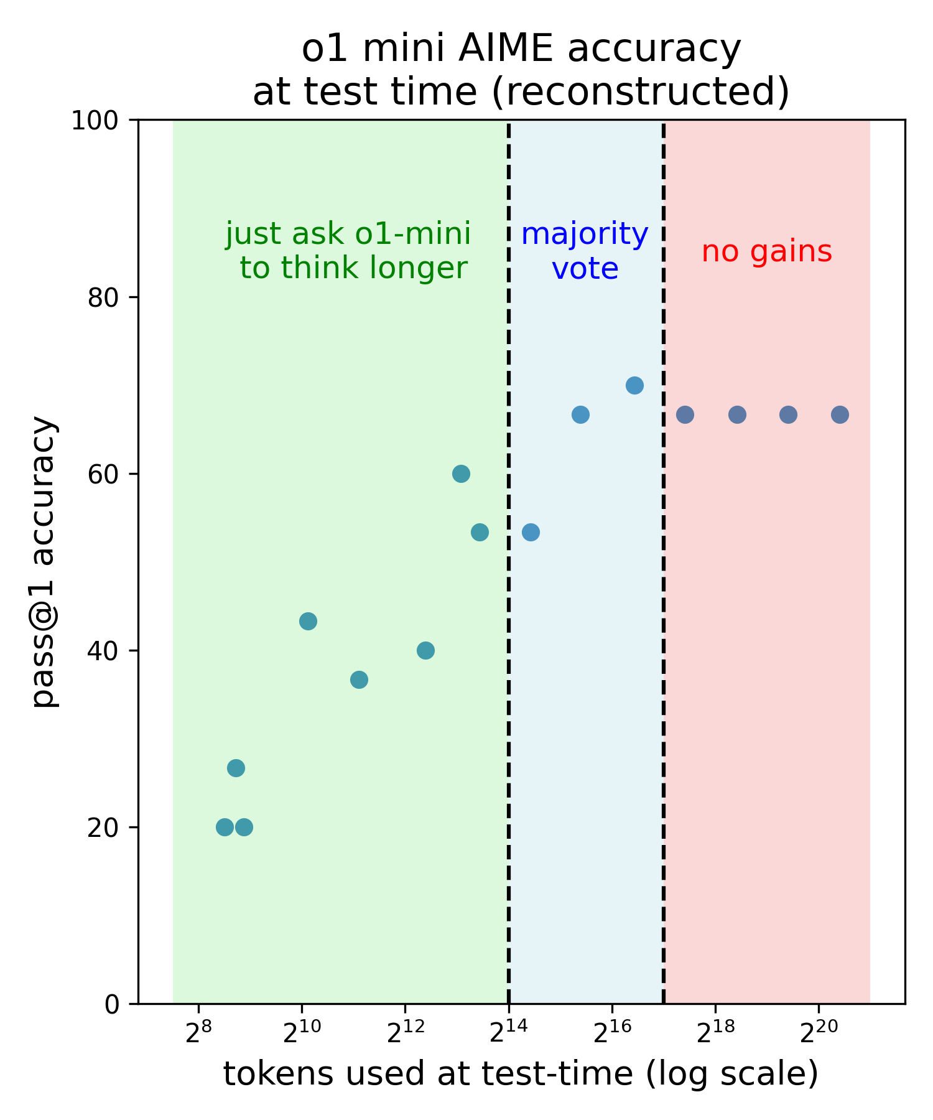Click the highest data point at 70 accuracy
point(634,385)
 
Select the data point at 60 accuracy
point(461,474)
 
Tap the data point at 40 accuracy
point(425,651)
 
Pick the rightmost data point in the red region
point(840,414)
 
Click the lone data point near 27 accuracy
point(236,768)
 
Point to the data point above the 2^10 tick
point(308,621)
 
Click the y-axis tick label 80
point(103,298)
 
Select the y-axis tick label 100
point(95,121)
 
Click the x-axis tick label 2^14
point(508,1032)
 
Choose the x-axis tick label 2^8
point(198,1032)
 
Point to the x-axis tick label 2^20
point(818,1032)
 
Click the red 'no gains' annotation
point(766,252)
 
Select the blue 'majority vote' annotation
point(585,251)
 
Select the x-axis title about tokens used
point(521,1075)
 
